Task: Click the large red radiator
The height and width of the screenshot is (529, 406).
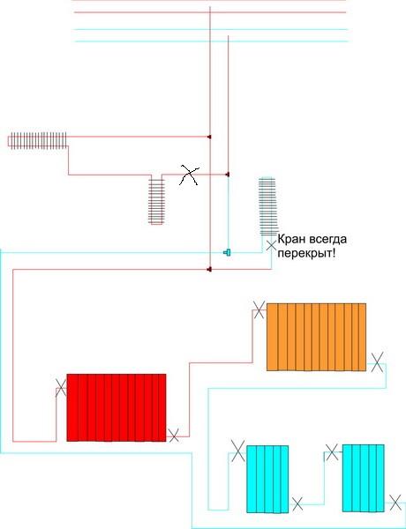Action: tap(117, 407)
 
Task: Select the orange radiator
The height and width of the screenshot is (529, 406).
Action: tap(316, 337)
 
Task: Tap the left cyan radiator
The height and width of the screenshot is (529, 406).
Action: tap(267, 479)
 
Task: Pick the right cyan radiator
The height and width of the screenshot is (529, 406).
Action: tap(364, 478)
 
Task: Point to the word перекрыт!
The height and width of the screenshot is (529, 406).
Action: tap(306, 254)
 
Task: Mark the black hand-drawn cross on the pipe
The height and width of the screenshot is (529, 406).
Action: tap(189, 175)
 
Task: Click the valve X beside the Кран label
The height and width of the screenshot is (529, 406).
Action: tap(271, 245)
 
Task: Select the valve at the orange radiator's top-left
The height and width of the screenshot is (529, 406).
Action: tap(259, 309)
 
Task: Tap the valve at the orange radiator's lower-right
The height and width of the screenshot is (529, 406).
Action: tap(377, 362)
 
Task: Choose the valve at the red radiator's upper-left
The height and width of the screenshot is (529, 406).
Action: tap(61, 388)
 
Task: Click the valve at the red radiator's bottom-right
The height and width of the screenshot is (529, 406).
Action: tap(174, 436)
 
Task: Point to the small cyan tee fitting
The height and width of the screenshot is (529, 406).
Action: tap(228, 252)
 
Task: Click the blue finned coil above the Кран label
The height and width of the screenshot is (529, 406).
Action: tap(267, 205)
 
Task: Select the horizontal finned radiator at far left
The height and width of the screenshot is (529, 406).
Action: tap(37, 140)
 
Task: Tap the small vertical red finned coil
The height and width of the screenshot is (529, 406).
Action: tap(156, 201)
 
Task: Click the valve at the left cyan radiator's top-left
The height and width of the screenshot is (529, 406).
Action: tap(238, 451)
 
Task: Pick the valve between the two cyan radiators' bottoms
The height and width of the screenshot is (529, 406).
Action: tap(297, 504)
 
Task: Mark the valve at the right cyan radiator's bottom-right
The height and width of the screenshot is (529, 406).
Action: tap(395, 503)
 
